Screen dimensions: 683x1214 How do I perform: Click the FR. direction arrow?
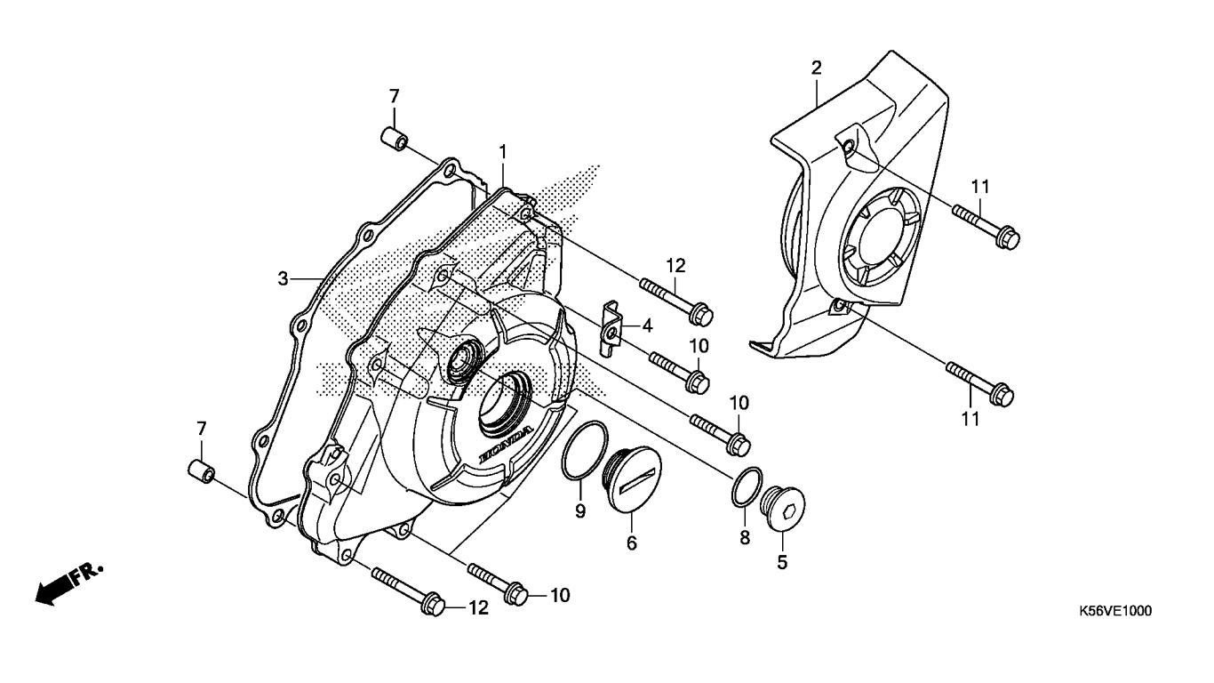click(x=67, y=583)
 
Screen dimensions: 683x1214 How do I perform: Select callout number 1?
click(x=503, y=153)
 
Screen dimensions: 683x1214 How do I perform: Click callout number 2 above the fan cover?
click(x=816, y=68)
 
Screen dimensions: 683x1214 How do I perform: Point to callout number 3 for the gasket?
click(x=283, y=278)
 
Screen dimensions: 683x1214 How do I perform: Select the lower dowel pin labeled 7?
click(x=200, y=471)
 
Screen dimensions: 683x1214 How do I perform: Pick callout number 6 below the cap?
click(x=632, y=542)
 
